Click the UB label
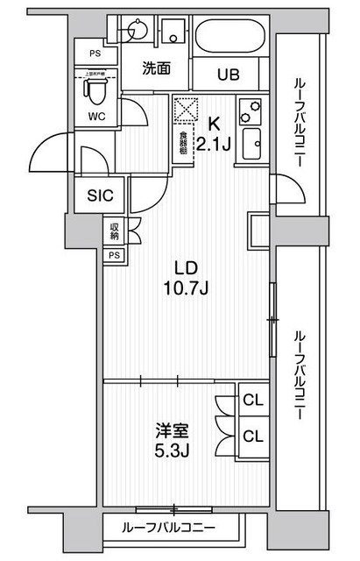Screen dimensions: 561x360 pos(228,73)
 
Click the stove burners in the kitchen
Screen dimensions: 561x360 pos(252,110)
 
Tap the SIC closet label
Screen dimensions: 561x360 pos(99,197)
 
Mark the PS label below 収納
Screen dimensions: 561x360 pos(114,255)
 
